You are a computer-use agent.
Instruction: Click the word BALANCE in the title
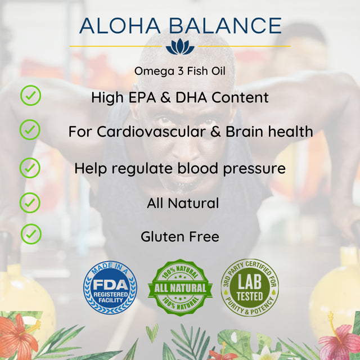(x=224, y=26)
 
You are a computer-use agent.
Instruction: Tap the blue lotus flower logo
(x=179, y=47)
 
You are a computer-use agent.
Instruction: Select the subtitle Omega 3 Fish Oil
(x=179, y=71)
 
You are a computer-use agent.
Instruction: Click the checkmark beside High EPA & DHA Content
(x=30, y=95)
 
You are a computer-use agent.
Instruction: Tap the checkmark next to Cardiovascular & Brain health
(x=30, y=130)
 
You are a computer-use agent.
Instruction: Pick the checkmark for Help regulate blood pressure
(x=30, y=167)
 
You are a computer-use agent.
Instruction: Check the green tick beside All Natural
(x=30, y=201)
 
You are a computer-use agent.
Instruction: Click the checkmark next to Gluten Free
(x=31, y=233)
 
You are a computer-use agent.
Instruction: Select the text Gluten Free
(x=179, y=237)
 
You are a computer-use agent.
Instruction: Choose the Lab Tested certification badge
(x=249, y=287)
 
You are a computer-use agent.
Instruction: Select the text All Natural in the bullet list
(x=183, y=203)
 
